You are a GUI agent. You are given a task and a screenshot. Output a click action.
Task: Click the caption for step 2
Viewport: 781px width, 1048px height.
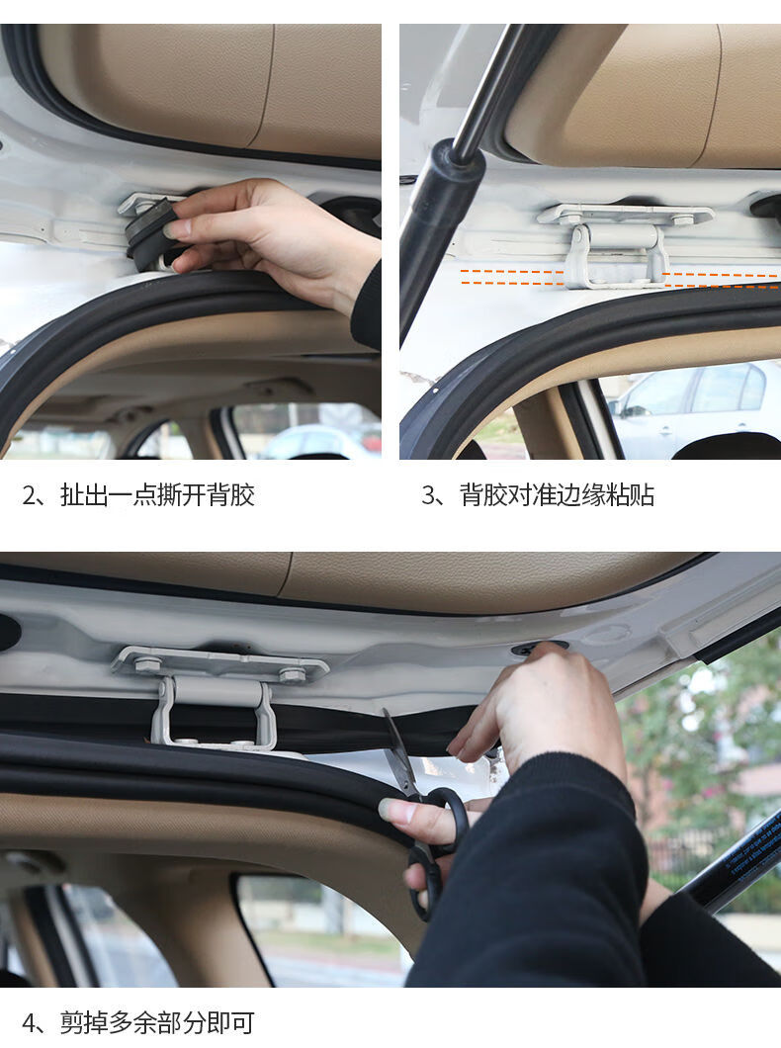click(x=138, y=494)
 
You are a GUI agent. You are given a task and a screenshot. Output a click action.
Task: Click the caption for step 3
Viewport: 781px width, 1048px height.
click(x=538, y=494)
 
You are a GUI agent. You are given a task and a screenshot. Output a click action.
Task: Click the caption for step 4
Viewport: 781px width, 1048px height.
click(x=138, y=1022)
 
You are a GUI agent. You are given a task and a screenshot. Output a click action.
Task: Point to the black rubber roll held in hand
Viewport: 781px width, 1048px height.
click(x=148, y=235)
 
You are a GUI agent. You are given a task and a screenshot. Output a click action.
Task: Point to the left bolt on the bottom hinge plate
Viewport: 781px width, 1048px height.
click(x=147, y=664)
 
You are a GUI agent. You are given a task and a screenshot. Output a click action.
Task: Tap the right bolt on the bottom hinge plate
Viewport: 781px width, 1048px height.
click(x=292, y=674)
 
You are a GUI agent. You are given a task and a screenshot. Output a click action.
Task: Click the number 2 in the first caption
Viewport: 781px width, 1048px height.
click(x=29, y=495)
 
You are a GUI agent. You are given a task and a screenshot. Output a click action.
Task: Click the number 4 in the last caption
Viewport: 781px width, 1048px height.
click(x=29, y=1023)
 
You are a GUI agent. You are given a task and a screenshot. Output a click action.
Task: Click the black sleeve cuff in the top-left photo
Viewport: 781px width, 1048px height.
click(x=368, y=306)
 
